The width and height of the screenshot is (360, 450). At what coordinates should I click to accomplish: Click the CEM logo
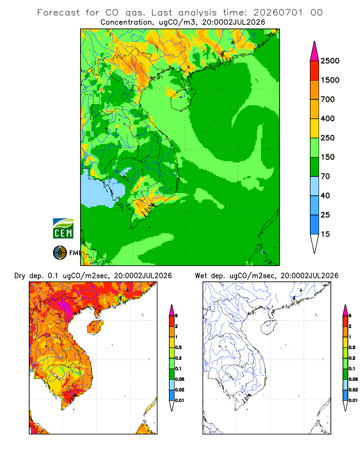pos(63,228)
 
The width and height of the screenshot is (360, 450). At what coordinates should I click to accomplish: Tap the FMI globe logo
pos(60,253)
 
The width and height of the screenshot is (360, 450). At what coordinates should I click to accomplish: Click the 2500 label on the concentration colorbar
pos(330,61)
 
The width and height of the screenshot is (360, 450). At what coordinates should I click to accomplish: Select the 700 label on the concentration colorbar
pos(328,99)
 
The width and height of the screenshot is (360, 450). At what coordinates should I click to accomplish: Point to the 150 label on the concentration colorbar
pos(328,157)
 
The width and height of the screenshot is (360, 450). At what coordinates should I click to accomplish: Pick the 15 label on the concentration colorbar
pos(325,234)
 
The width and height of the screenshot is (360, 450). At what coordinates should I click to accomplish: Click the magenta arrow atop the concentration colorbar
pos(315,51)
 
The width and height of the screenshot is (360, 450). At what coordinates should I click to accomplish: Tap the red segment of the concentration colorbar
pos(315,71)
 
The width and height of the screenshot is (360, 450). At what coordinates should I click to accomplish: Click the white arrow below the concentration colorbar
pos(315,244)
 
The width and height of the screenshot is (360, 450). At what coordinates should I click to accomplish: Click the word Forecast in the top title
pos(58,13)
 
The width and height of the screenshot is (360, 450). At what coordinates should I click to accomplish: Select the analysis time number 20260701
pos(278,13)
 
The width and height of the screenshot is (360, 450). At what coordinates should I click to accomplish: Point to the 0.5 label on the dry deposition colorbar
pos(178,347)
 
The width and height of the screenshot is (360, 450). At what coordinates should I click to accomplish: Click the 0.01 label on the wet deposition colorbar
pos(353,400)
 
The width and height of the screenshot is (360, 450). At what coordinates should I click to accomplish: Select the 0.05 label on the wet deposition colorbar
pos(353,379)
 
